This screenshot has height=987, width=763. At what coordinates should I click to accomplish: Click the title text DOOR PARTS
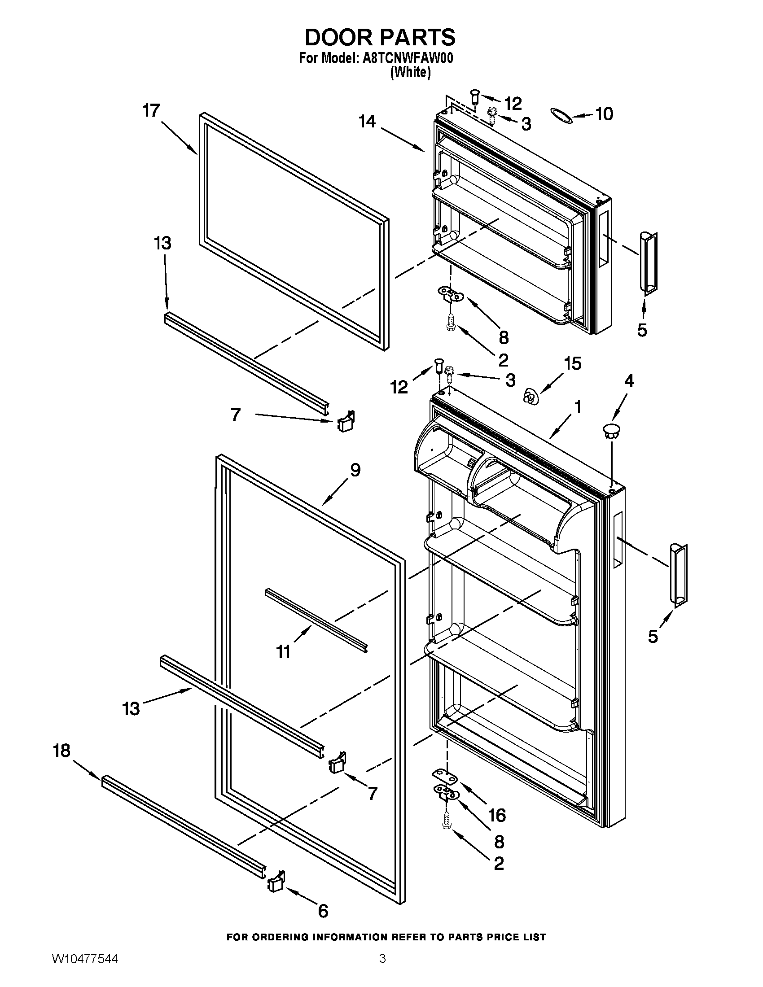coord(380,38)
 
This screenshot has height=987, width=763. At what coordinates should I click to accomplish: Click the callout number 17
coord(152,111)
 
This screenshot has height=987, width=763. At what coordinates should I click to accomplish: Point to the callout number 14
coord(367,121)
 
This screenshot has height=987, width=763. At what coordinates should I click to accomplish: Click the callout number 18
coord(62,751)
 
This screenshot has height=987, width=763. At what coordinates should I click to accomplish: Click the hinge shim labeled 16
coord(446,774)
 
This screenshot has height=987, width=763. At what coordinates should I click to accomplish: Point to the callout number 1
coord(577,407)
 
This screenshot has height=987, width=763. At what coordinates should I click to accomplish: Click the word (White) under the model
coord(410,72)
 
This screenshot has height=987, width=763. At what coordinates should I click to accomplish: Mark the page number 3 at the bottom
coord(382,968)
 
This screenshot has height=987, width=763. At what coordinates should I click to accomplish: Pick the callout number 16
coord(497,815)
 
